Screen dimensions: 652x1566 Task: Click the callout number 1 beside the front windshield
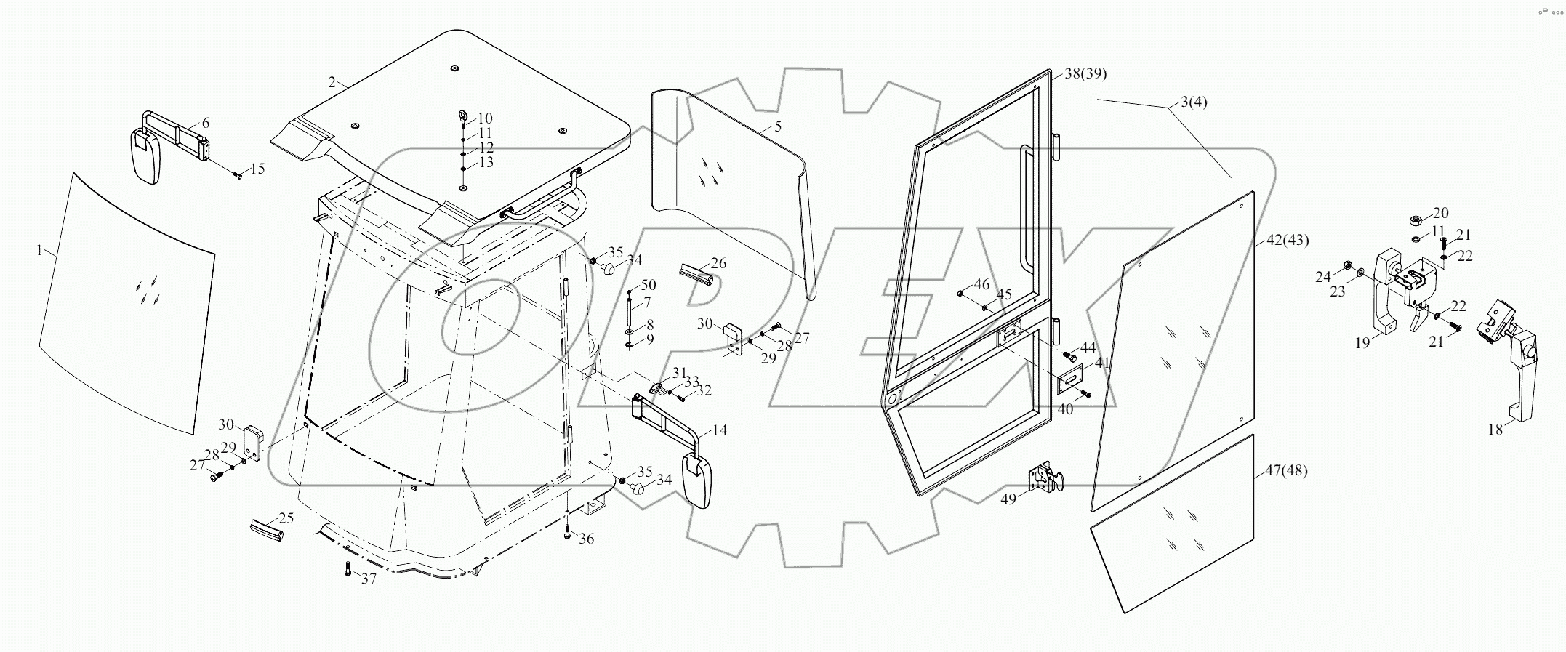pos(39,250)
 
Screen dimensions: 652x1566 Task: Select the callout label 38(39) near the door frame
pos(1085,73)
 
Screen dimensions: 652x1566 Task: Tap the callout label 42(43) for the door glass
pos(1286,241)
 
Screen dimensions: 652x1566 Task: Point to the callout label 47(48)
pos(1286,470)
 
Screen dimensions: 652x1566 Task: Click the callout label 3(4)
pos(1193,102)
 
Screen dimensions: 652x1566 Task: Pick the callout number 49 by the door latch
pos(1008,499)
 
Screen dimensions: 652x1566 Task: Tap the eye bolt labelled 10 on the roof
pos(463,117)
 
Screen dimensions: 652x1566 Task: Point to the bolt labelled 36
pos(567,534)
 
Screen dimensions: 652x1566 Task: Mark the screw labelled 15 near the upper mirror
pos(238,174)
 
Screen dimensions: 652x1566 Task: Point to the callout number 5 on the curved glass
pos(778,126)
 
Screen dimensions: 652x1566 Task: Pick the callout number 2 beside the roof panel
pos(332,82)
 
